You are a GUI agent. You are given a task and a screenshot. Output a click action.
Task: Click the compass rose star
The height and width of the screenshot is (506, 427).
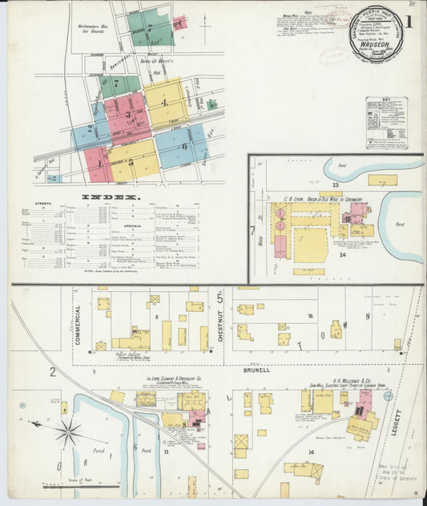(x=68, y=431)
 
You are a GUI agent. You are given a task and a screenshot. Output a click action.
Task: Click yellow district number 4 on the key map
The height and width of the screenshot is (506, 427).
(x=164, y=102)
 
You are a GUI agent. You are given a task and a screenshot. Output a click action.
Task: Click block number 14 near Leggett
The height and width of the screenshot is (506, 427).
(x=311, y=452)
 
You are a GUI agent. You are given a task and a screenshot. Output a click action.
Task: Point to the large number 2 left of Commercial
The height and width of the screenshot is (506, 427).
(x=53, y=371)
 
